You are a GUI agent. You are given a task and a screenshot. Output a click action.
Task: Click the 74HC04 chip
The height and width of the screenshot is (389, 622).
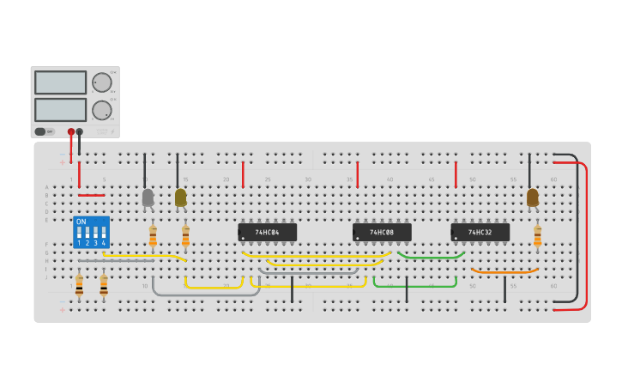268,233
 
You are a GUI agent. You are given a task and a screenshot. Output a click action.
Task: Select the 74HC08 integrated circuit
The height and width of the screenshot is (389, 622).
382,233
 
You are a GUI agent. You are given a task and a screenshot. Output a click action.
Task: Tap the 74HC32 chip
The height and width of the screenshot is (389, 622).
480,233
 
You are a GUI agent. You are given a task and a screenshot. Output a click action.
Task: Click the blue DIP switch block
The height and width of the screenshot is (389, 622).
91,232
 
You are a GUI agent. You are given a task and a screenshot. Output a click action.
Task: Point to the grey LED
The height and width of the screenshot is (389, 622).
148,198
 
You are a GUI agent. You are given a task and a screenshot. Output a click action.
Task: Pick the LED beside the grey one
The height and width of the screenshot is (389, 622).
180,198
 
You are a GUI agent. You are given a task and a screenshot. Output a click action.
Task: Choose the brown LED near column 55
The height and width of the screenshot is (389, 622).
533,198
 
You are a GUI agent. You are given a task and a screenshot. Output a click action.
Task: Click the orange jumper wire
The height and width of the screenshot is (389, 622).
504,272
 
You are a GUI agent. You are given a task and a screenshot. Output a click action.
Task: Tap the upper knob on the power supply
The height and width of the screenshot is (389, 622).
101,82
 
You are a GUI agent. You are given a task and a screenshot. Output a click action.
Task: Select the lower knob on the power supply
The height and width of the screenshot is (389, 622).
101,110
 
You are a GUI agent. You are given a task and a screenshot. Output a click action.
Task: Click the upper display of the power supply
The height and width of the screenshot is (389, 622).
60,82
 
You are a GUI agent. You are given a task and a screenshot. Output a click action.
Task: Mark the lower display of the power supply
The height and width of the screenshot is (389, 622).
60,110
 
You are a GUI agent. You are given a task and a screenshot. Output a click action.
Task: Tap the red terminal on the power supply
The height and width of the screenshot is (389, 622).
71,132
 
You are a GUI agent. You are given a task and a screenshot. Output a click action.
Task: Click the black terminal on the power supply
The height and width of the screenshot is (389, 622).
80,132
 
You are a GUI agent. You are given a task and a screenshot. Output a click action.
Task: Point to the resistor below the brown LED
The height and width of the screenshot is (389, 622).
538,236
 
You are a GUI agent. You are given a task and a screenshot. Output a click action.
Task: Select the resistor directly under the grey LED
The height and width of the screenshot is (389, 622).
153,236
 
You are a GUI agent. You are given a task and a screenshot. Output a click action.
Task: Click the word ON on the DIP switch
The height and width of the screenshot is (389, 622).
82,222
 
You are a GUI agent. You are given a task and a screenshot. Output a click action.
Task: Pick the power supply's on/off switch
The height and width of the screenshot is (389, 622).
40,131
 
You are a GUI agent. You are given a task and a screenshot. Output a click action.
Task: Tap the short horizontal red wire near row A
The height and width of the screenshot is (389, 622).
91,195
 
